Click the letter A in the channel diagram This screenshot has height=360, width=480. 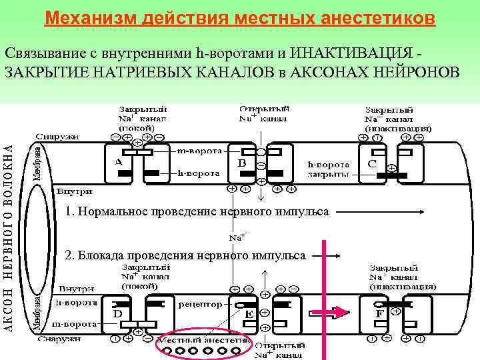(118, 161)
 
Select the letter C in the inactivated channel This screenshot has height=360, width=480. (372, 162)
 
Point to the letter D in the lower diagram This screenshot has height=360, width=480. (117, 313)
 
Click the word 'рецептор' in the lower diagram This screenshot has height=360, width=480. (201, 303)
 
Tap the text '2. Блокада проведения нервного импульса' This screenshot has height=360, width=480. (185, 255)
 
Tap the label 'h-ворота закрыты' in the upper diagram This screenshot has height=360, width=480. (327, 169)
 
